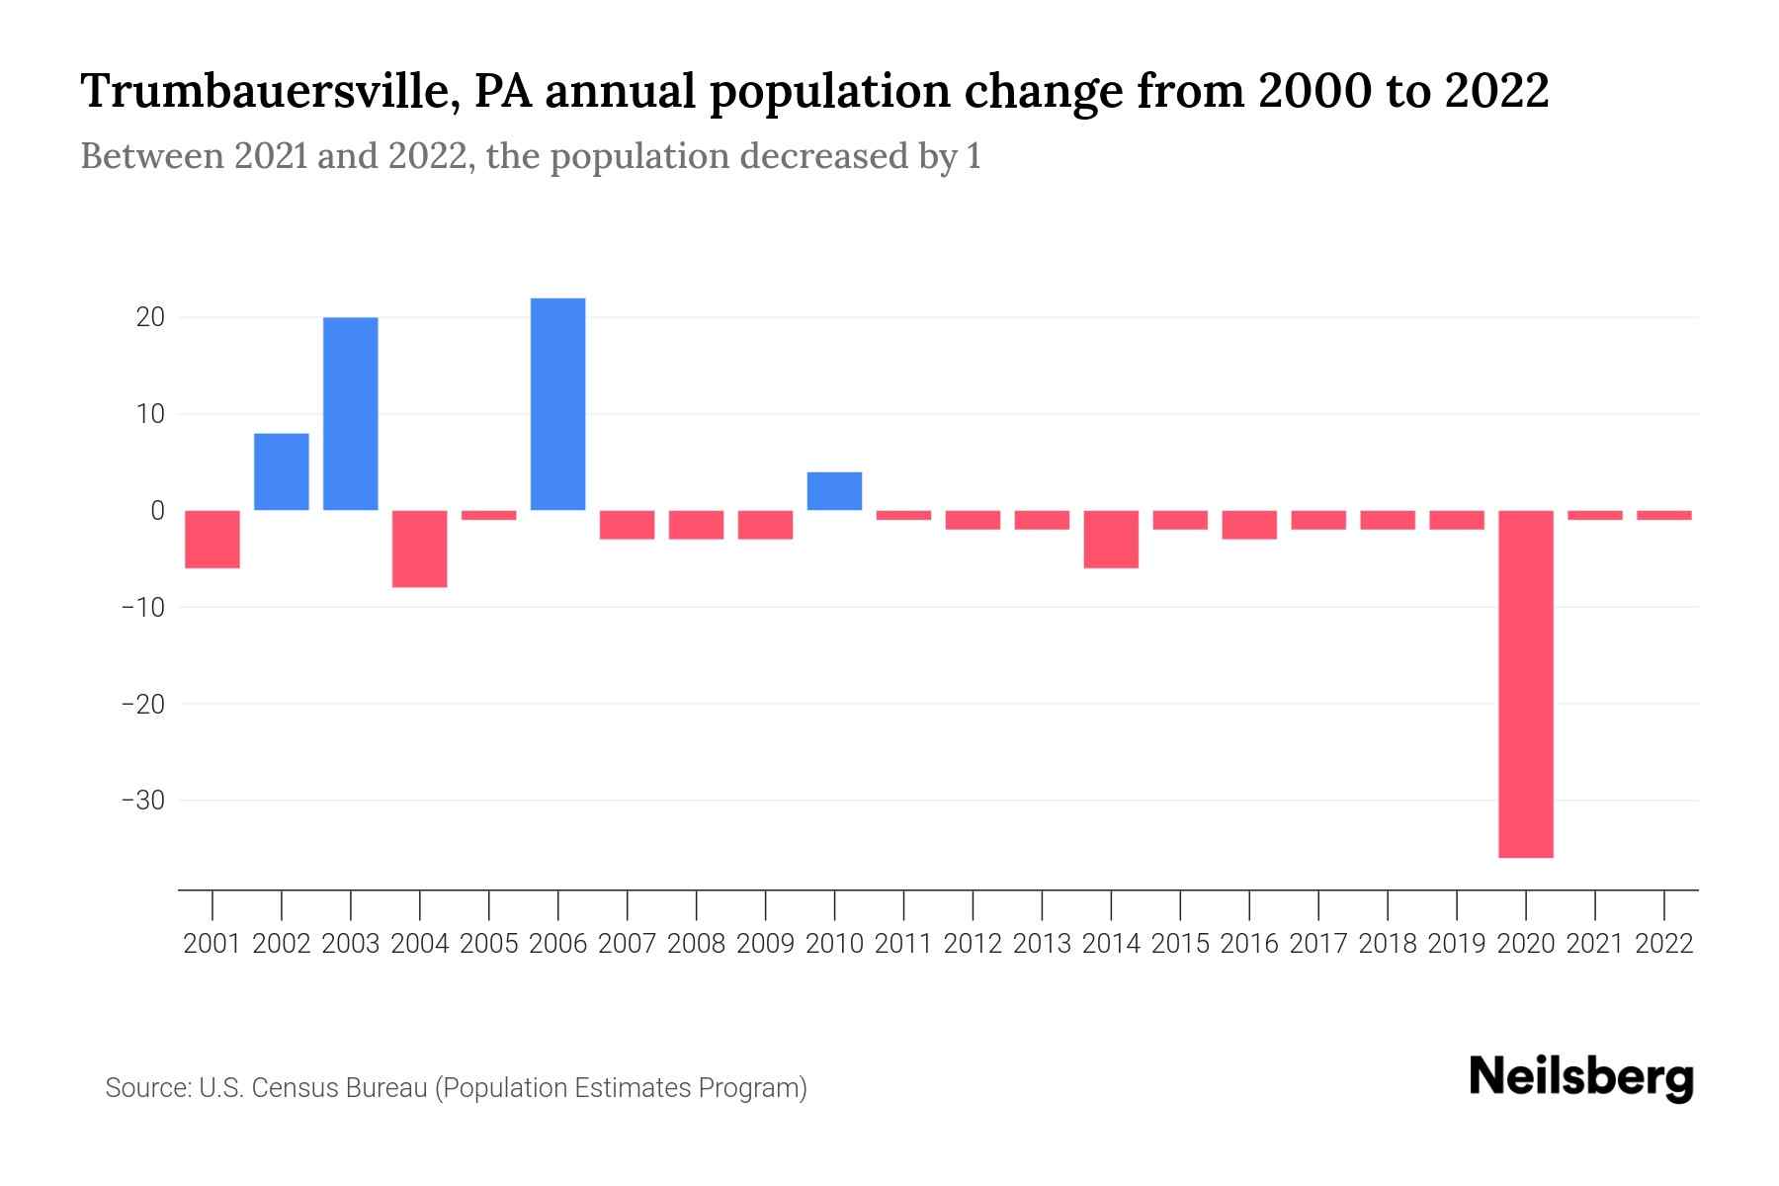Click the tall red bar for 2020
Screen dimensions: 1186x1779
[1525, 684]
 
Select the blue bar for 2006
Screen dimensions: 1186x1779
[557, 404]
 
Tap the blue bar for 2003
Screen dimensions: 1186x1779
[350, 413]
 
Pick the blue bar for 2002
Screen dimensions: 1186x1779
[281, 471]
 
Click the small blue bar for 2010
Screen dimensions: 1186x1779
[834, 491]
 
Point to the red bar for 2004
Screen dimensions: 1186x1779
[419, 549]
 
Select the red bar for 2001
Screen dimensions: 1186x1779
[212, 540]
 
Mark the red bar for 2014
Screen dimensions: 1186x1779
[1111, 540]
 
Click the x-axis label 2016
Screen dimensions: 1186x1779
[1248, 944]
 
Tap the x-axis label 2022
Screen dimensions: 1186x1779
[1663, 944]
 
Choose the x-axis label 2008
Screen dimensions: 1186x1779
[696, 944]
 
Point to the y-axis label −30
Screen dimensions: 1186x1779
[142, 800]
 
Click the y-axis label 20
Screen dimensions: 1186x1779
[150, 317]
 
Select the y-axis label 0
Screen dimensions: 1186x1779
[157, 510]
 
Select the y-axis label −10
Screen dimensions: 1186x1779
[142, 607]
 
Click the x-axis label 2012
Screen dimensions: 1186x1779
[972, 944]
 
